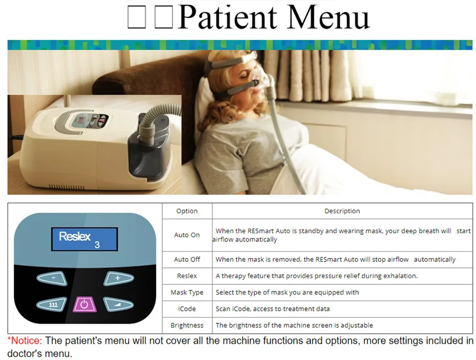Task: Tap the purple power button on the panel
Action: (84, 305)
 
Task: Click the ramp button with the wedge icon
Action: (119, 305)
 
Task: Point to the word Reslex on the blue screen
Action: (75, 236)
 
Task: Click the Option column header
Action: (187, 211)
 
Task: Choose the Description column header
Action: (342, 211)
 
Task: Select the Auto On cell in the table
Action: (187, 235)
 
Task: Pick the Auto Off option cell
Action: (187, 259)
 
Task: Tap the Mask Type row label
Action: (187, 292)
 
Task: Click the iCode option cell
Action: (187, 309)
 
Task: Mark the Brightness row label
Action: (187, 325)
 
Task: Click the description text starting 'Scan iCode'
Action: (272, 309)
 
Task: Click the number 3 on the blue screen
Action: (97, 245)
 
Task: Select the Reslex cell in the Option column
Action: (187, 276)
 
